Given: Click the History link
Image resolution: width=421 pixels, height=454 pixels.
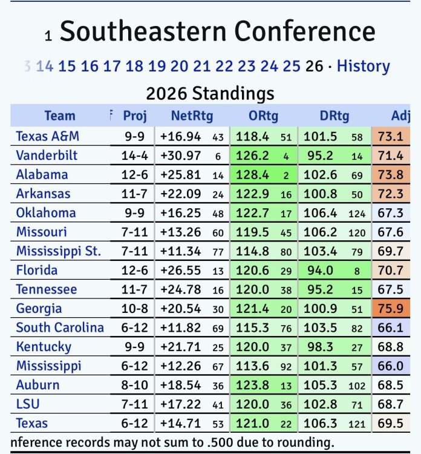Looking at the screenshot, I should (x=363, y=66).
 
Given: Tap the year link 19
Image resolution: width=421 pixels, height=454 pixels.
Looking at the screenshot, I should (x=157, y=66).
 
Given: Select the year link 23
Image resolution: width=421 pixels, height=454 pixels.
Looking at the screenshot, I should (x=247, y=66).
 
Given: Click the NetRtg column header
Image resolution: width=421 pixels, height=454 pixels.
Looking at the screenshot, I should (x=192, y=116).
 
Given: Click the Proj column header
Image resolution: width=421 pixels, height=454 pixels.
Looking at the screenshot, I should (x=135, y=116).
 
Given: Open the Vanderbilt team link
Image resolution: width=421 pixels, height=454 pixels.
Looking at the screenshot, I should (x=47, y=156).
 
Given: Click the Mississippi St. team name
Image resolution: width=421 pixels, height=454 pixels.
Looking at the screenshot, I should (x=58, y=251).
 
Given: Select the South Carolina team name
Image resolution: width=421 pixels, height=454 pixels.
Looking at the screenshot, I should (x=59, y=327).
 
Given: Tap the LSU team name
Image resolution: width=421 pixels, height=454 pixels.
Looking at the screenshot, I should (x=28, y=404).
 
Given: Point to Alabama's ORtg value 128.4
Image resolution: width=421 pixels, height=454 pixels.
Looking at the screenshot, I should (x=254, y=175).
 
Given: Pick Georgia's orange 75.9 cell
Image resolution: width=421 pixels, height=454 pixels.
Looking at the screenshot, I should (x=390, y=308).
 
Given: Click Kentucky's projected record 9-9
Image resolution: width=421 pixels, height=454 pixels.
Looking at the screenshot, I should (x=135, y=347).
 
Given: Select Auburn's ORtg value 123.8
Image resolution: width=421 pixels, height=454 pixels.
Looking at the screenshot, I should (x=254, y=385).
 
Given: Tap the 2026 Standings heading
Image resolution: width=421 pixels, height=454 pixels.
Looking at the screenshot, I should (x=210, y=93).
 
